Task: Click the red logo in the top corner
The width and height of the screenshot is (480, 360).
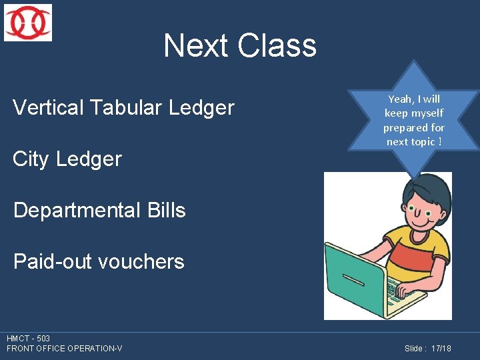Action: point(28,23)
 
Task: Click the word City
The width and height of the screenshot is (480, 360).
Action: point(32,159)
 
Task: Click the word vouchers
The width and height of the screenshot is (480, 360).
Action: point(141,261)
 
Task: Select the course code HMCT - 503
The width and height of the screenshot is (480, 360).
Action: point(29,339)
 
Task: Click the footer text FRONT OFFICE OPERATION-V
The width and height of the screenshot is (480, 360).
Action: point(65,349)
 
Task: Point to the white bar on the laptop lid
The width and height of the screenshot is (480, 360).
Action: point(353,279)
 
